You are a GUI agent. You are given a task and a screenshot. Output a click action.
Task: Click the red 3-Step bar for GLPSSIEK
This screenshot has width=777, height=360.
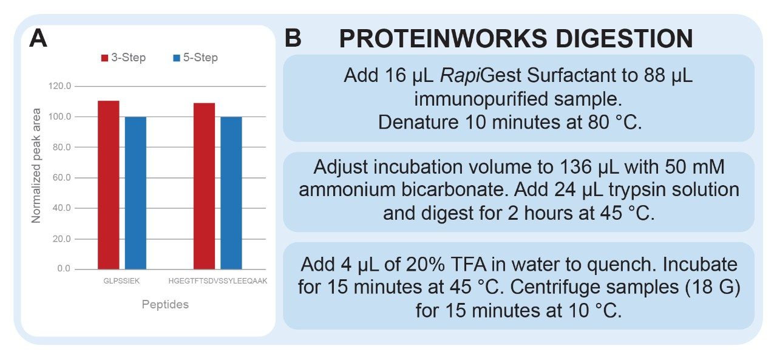click(109, 185)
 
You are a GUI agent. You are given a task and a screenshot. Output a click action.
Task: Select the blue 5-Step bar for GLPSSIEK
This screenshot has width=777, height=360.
click(135, 193)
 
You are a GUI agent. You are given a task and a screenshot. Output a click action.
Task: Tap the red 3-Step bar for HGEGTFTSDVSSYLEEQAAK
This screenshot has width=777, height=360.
click(205, 186)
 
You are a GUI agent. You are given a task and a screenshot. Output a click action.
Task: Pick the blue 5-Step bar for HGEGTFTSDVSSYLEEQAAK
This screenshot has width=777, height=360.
click(231, 193)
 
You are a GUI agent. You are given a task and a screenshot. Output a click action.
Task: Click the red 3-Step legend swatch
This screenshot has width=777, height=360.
click(104, 58)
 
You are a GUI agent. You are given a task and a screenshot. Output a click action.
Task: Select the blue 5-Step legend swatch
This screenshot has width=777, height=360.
click(177, 58)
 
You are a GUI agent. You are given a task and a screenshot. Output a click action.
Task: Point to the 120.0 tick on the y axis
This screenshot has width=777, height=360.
click(59, 86)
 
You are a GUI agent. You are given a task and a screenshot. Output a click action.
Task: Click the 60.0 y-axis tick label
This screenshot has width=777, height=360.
click(62, 178)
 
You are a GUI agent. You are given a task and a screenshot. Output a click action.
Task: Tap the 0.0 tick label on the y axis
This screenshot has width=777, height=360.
click(64, 269)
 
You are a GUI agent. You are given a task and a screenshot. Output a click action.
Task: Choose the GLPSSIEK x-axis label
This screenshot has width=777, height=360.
click(121, 281)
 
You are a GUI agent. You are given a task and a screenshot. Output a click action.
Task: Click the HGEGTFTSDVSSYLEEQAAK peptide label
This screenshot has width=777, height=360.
click(218, 281)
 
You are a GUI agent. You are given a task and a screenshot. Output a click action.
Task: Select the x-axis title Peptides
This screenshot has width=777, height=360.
click(165, 305)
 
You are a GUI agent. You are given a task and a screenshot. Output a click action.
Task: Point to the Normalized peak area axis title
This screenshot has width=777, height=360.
click(36, 166)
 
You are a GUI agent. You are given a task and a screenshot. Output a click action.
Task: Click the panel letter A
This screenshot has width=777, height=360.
click(38, 38)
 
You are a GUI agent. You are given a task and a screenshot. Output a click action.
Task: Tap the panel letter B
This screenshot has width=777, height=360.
click(293, 38)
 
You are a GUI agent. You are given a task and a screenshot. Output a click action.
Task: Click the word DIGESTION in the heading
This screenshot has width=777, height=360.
click(624, 38)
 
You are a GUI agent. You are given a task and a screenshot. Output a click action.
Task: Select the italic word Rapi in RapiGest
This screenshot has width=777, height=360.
click(460, 76)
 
